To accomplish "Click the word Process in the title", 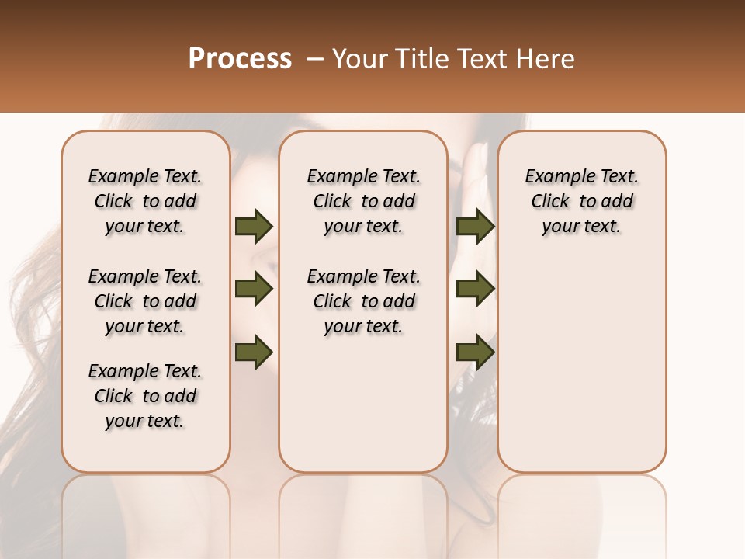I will coord(240,59).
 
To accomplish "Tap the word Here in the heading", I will coord(546,59).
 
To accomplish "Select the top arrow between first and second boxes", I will coord(254,227).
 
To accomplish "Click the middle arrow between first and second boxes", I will coord(254,290).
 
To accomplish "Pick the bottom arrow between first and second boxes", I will coord(254,352).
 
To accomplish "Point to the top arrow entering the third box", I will coord(475,227).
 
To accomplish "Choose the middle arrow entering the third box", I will coord(475,290).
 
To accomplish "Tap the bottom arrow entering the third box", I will coord(475,352).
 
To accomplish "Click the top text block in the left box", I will coord(145,201).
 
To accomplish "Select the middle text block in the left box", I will coord(145,301).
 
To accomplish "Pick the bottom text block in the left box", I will coord(145,396).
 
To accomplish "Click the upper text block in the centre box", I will coord(363,201).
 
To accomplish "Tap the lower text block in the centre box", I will coord(363,301).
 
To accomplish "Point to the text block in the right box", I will coord(581,201).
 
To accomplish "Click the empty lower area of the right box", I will coord(581,365).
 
